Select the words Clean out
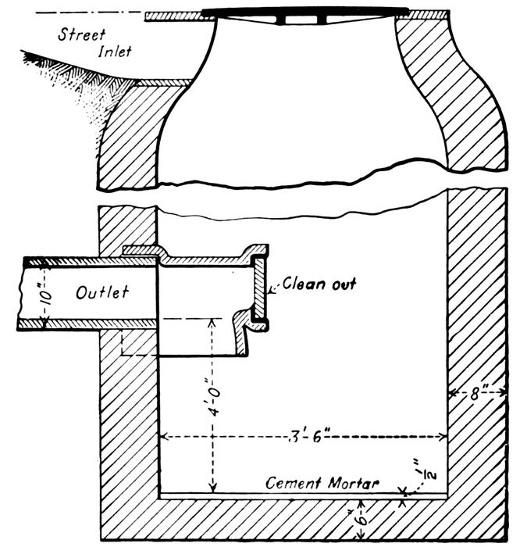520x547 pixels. coord(319,283)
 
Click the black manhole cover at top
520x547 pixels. coord(305,13)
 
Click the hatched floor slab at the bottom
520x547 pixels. coord(234,520)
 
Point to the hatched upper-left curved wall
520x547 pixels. coord(133,133)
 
